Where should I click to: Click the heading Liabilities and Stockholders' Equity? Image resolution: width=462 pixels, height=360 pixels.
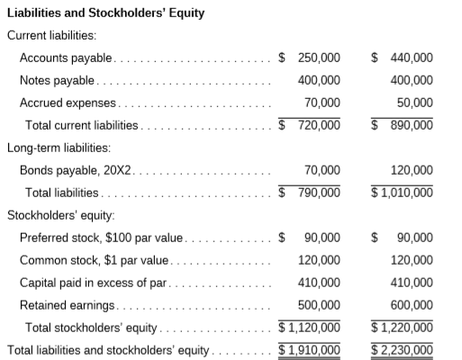click(x=105, y=13)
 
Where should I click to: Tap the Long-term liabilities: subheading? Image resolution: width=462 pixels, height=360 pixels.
click(x=59, y=147)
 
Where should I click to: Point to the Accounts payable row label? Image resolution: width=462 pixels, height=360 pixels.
click(x=66, y=58)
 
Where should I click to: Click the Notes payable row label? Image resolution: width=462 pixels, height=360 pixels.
click(x=58, y=80)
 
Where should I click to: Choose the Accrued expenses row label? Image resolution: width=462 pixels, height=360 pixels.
click(x=68, y=103)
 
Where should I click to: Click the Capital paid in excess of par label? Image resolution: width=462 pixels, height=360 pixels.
click(x=93, y=282)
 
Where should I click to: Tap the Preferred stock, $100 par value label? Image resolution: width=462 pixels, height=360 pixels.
click(x=101, y=238)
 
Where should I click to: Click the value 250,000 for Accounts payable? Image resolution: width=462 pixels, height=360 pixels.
click(x=319, y=58)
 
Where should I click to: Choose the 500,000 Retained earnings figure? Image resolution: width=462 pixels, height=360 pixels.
click(x=319, y=304)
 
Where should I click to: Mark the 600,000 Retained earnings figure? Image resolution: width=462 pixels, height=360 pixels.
click(x=412, y=304)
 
